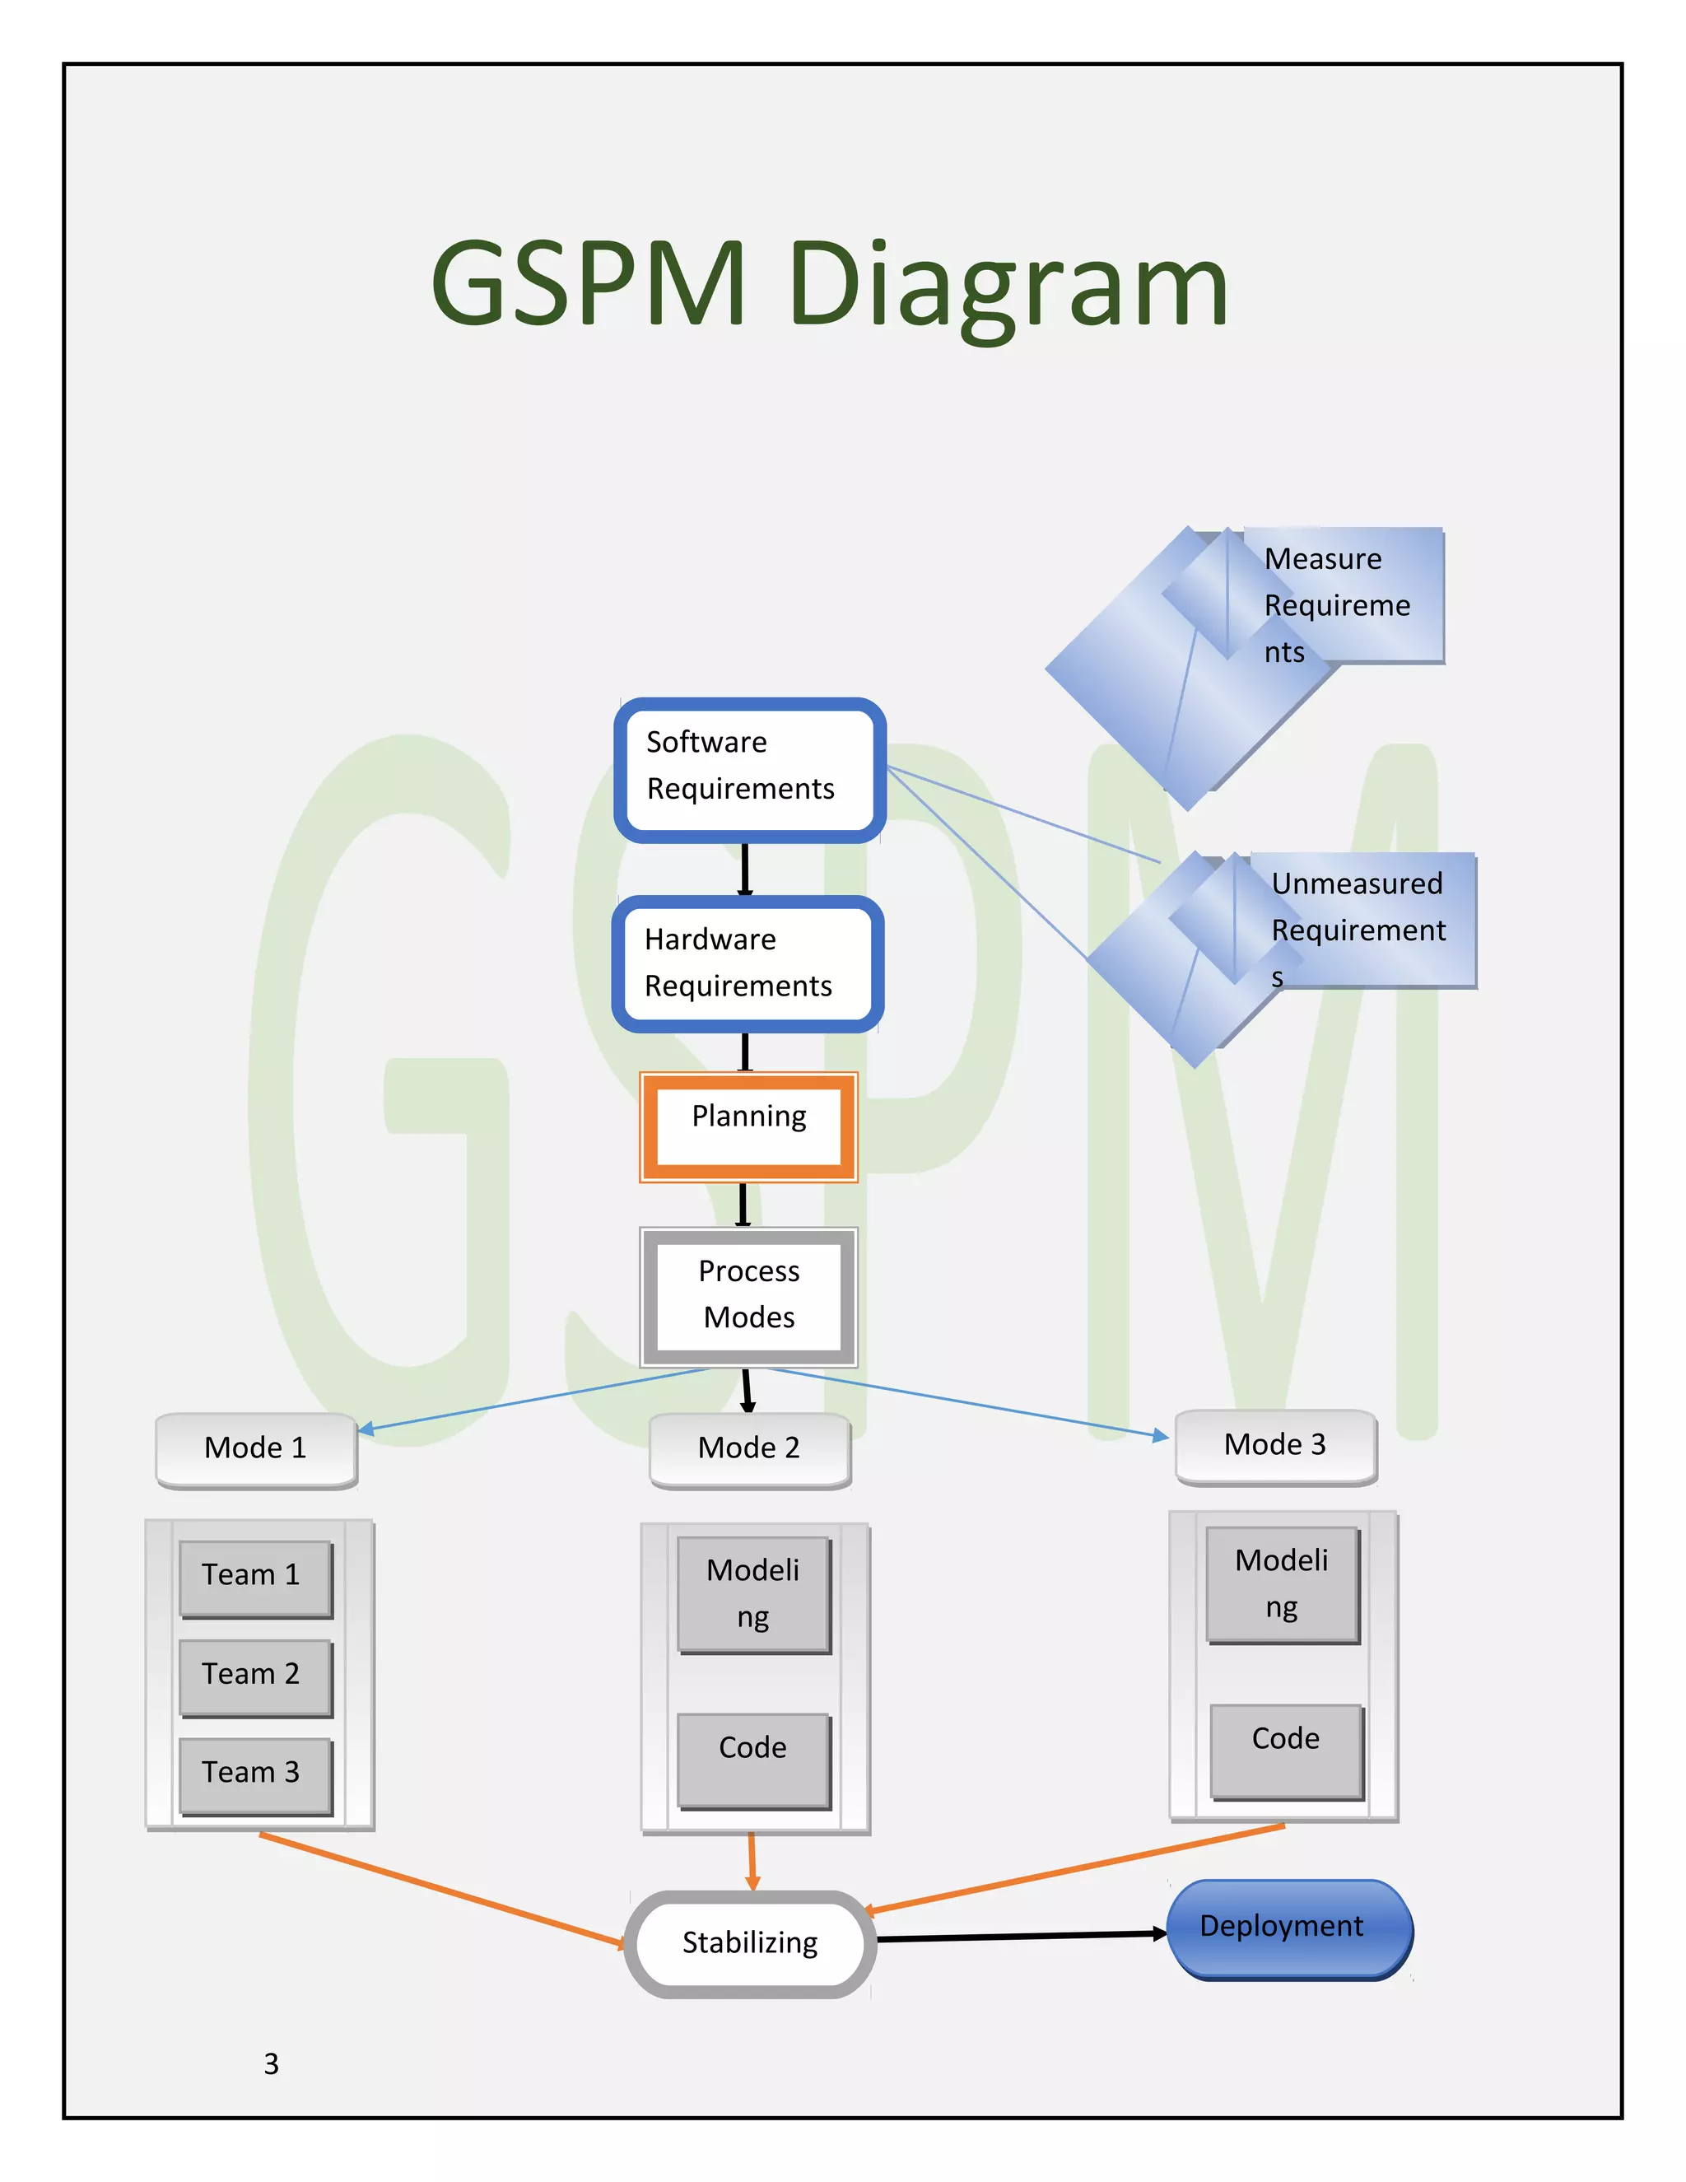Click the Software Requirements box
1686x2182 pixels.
tap(749, 769)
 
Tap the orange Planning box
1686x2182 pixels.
tap(749, 1127)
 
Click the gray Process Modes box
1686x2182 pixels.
tap(749, 1296)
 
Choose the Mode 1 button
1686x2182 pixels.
tap(256, 1448)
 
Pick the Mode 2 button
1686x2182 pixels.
tap(749, 1448)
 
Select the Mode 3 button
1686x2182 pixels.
tap(1275, 1446)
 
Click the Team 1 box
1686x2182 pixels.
tap(254, 1577)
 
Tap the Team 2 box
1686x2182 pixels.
tap(254, 1676)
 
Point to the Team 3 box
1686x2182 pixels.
tap(254, 1774)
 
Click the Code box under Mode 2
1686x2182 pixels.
tap(753, 1760)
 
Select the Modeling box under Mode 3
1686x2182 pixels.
tap(1282, 1583)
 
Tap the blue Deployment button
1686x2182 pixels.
tap(1288, 1928)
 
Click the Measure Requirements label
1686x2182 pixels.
tap(1339, 604)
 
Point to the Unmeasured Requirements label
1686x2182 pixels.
tap(1358, 929)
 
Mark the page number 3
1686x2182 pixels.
tap(272, 2064)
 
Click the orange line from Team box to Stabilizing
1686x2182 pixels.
tap(440, 1888)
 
